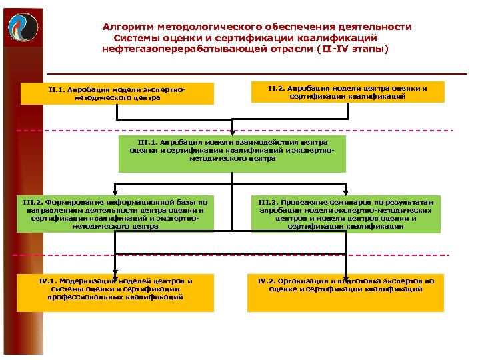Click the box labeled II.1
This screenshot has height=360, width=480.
point(117,93)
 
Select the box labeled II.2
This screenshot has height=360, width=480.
point(347,92)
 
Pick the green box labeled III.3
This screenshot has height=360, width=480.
point(346,214)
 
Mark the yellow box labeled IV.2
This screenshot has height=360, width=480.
point(345,293)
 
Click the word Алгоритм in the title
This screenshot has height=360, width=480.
point(127,27)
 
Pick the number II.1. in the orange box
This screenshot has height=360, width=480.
point(57,89)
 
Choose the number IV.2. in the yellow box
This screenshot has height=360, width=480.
point(269,281)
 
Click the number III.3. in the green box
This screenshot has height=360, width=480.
point(269,202)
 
